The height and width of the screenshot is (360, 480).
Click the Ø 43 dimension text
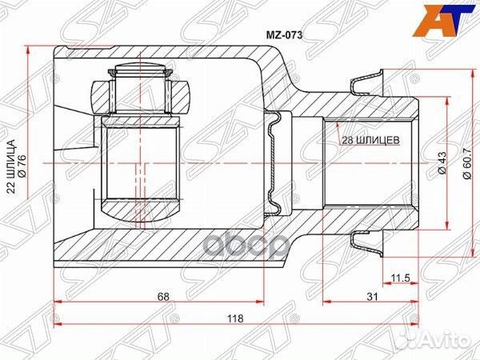pos(441,164)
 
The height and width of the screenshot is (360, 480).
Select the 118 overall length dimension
pos(235,318)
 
